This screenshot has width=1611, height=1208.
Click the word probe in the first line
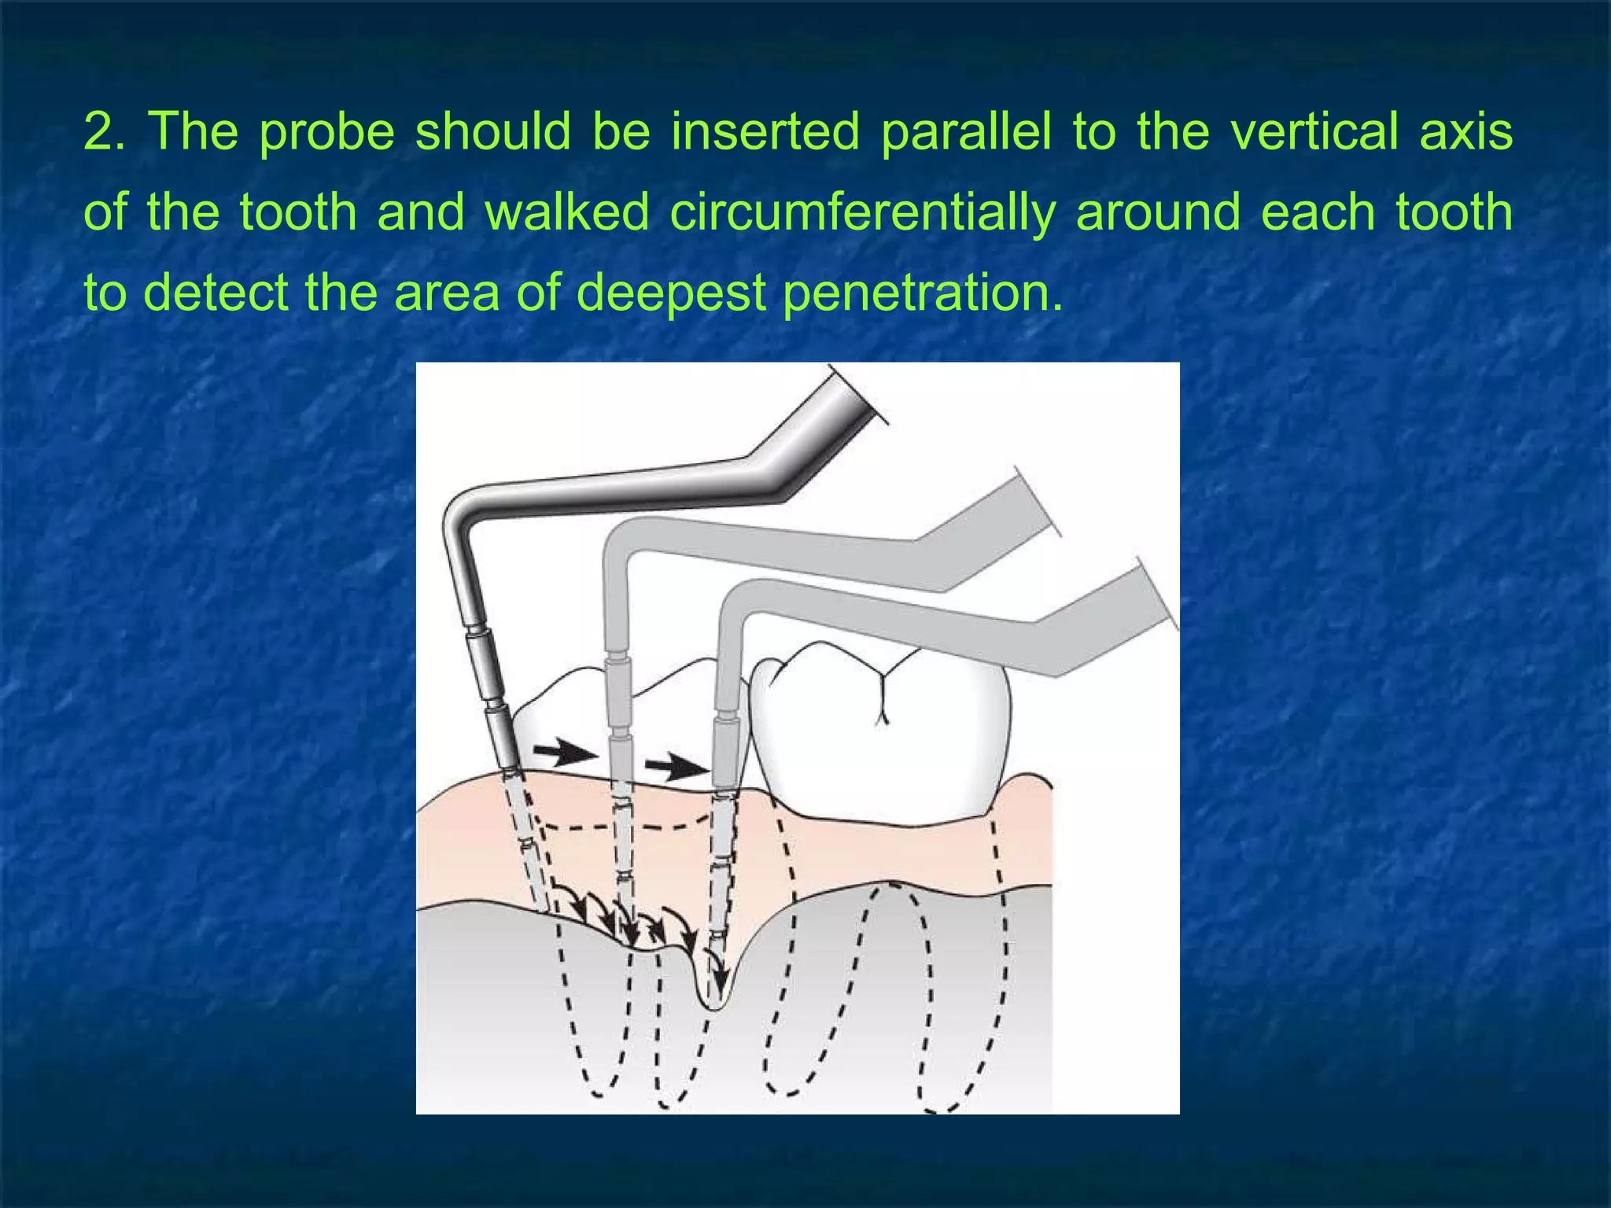tap(326, 131)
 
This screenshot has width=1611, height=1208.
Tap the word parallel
tap(965, 131)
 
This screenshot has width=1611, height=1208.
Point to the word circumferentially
tap(862, 212)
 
